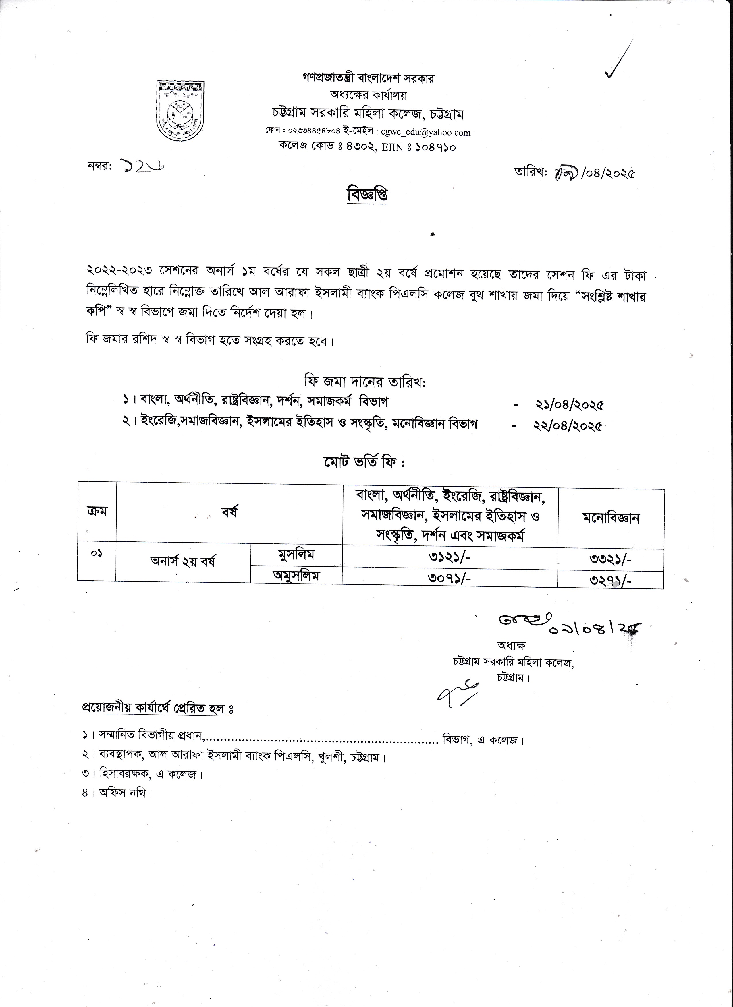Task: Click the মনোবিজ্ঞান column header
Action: [611, 518]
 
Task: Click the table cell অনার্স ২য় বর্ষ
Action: [183, 562]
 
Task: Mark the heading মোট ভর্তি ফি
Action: [364, 463]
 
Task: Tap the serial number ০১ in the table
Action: [97, 554]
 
